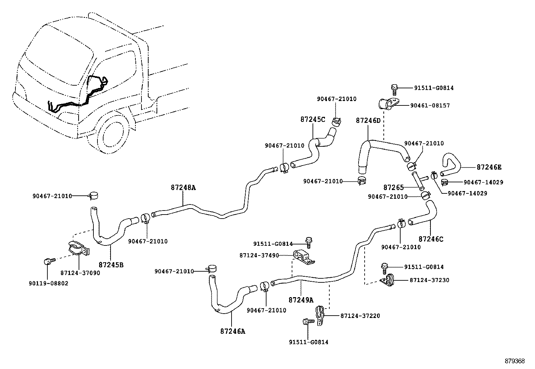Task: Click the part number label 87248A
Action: (x=183, y=188)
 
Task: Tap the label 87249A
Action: (x=301, y=299)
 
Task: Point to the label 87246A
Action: (x=233, y=331)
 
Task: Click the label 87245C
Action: (x=313, y=120)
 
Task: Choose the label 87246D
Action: (x=368, y=120)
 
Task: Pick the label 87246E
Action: (x=489, y=167)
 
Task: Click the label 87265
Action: (x=394, y=187)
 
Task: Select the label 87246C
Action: (x=431, y=239)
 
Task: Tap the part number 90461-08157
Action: (x=430, y=105)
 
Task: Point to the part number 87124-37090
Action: (x=80, y=273)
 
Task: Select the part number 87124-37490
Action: (x=259, y=256)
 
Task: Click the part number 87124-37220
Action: (x=360, y=316)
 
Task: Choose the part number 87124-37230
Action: (x=429, y=280)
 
